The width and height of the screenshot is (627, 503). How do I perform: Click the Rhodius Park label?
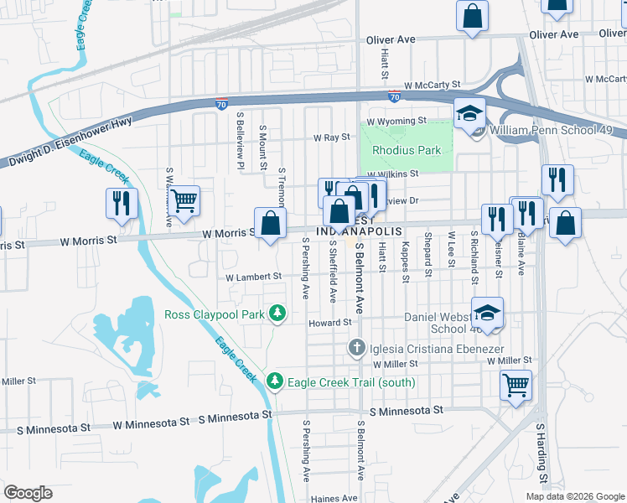[407, 151]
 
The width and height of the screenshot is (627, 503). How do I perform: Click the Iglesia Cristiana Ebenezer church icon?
[356, 347]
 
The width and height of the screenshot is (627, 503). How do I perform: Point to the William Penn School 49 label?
[557, 132]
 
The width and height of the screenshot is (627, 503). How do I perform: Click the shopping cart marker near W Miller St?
[516, 386]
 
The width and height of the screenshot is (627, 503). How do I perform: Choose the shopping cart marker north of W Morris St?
[184, 201]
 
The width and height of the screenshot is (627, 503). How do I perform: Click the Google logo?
[28, 493]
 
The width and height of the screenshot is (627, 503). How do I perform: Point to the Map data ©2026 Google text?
[574, 496]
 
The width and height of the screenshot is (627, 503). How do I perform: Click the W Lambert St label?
[253, 277]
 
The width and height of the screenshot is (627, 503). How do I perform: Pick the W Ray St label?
[331, 137]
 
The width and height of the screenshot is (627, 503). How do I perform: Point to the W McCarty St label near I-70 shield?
[432, 85]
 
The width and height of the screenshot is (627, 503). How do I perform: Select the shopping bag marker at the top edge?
[473, 16]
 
